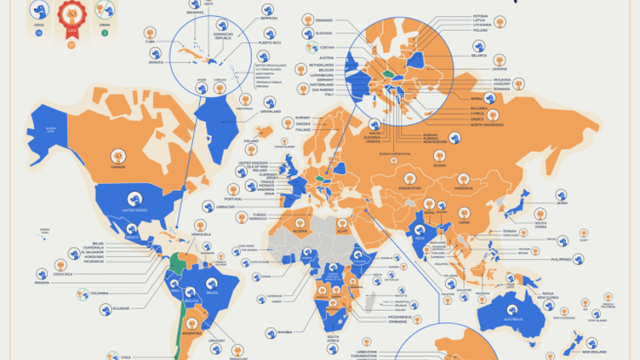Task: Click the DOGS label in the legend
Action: (x=38, y=24)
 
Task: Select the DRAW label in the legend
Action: (x=105, y=24)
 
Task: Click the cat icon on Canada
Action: (x=118, y=156)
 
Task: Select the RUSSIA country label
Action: (x=439, y=165)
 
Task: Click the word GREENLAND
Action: (x=271, y=111)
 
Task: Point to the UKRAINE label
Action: (x=499, y=69)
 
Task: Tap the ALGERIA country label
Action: (x=300, y=231)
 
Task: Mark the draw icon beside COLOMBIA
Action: (x=83, y=293)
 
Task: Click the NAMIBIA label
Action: (x=285, y=332)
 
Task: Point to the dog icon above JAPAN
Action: (x=561, y=194)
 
